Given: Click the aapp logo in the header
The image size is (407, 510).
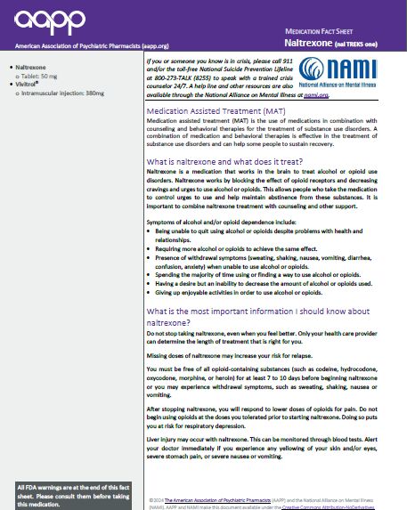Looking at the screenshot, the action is [x=43, y=20].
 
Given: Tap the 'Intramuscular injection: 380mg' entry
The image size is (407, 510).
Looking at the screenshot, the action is [x=59, y=93].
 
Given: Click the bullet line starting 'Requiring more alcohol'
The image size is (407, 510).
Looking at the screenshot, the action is [x=235, y=253].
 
